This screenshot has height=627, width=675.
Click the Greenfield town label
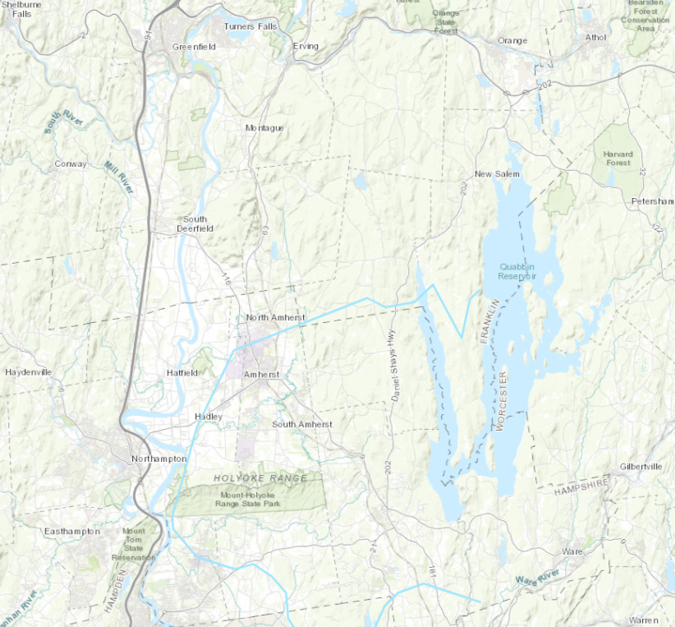click(194, 47)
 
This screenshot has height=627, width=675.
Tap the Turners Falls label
click(251, 26)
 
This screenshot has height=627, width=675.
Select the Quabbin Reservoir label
click(517, 271)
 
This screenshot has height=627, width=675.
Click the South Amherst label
click(302, 424)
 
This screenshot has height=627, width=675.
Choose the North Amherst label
click(276, 317)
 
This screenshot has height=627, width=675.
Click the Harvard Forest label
click(618, 158)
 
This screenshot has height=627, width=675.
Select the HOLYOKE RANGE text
click(260, 477)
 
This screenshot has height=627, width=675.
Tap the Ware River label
click(537, 576)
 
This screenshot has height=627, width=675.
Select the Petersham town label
click(652, 201)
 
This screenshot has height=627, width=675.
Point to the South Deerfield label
click(195, 224)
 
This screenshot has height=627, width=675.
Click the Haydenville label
click(28, 372)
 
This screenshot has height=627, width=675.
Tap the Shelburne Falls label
click(16, 8)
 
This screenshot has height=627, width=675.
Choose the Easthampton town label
click(72, 531)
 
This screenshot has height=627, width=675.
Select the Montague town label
click(264, 128)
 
